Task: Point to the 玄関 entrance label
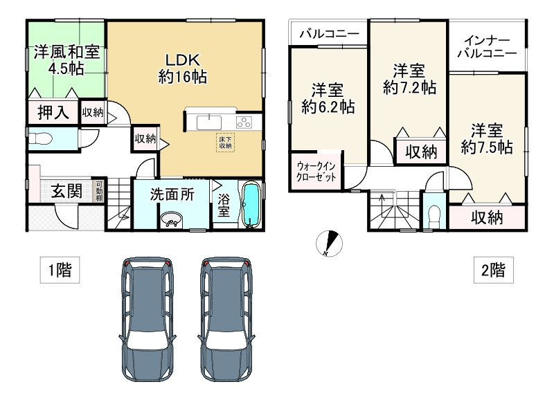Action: [66, 191]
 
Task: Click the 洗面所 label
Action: [172, 194]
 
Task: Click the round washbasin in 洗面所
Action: [170, 220]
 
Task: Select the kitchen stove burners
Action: [245, 122]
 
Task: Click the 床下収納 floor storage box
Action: [226, 142]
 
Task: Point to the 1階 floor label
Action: [54, 269]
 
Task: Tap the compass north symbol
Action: [330, 244]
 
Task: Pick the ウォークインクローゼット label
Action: [316, 172]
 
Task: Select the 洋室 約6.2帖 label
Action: [328, 98]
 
